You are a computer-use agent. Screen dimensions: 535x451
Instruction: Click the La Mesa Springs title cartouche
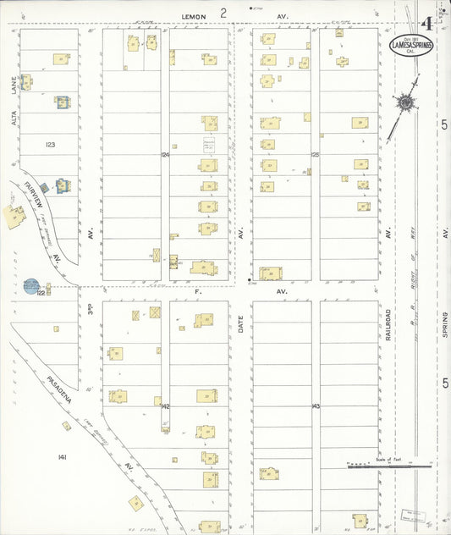tap(412, 46)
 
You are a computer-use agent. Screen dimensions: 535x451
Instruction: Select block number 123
tap(50, 145)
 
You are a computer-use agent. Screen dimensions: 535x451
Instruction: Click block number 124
tap(165, 155)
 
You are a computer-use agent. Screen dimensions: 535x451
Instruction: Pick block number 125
tap(315, 155)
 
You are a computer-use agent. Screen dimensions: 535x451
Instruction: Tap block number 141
tap(62, 457)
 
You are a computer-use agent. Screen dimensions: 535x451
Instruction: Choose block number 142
tap(165, 406)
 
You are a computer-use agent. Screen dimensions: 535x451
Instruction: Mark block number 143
tap(315, 406)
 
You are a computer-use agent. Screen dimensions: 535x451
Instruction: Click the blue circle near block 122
tap(31, 285)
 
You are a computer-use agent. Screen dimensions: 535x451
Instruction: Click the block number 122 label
tap(40, 292)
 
